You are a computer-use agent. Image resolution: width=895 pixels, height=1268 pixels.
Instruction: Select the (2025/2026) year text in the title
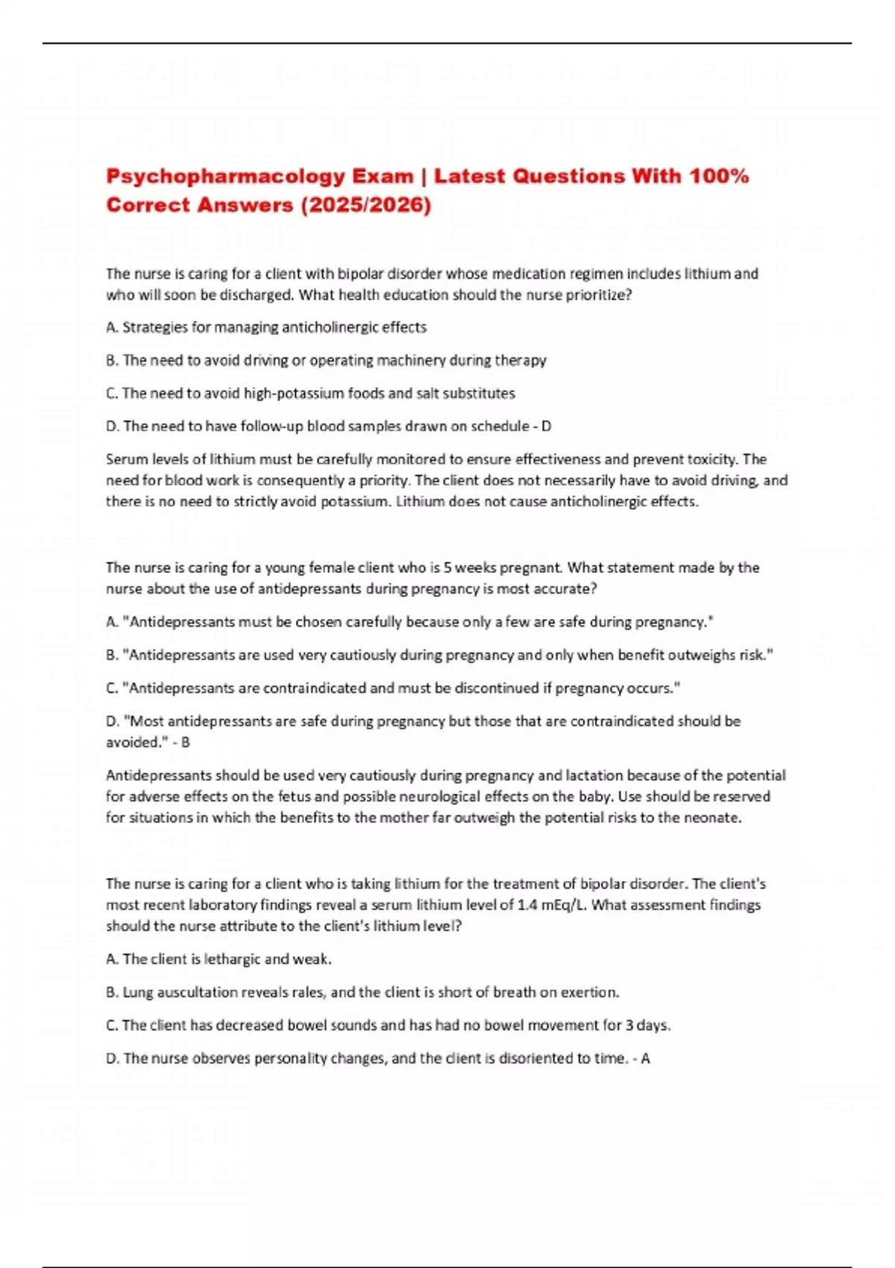(x=365, y=205)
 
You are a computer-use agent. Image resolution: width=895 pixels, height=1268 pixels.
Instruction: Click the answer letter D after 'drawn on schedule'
(x=546, y=427)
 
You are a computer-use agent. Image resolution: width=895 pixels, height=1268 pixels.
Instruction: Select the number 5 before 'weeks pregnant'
(x=447, y=568)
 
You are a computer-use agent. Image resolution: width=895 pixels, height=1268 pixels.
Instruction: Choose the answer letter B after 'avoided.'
(x=186, y=742)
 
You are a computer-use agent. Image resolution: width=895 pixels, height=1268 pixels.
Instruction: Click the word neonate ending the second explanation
(x=716, y=817)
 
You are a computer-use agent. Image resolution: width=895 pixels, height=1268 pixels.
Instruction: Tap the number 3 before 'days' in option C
(x=629, y=1026)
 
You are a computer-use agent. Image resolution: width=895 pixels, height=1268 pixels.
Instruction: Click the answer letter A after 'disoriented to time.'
(x=645, y=1058)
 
